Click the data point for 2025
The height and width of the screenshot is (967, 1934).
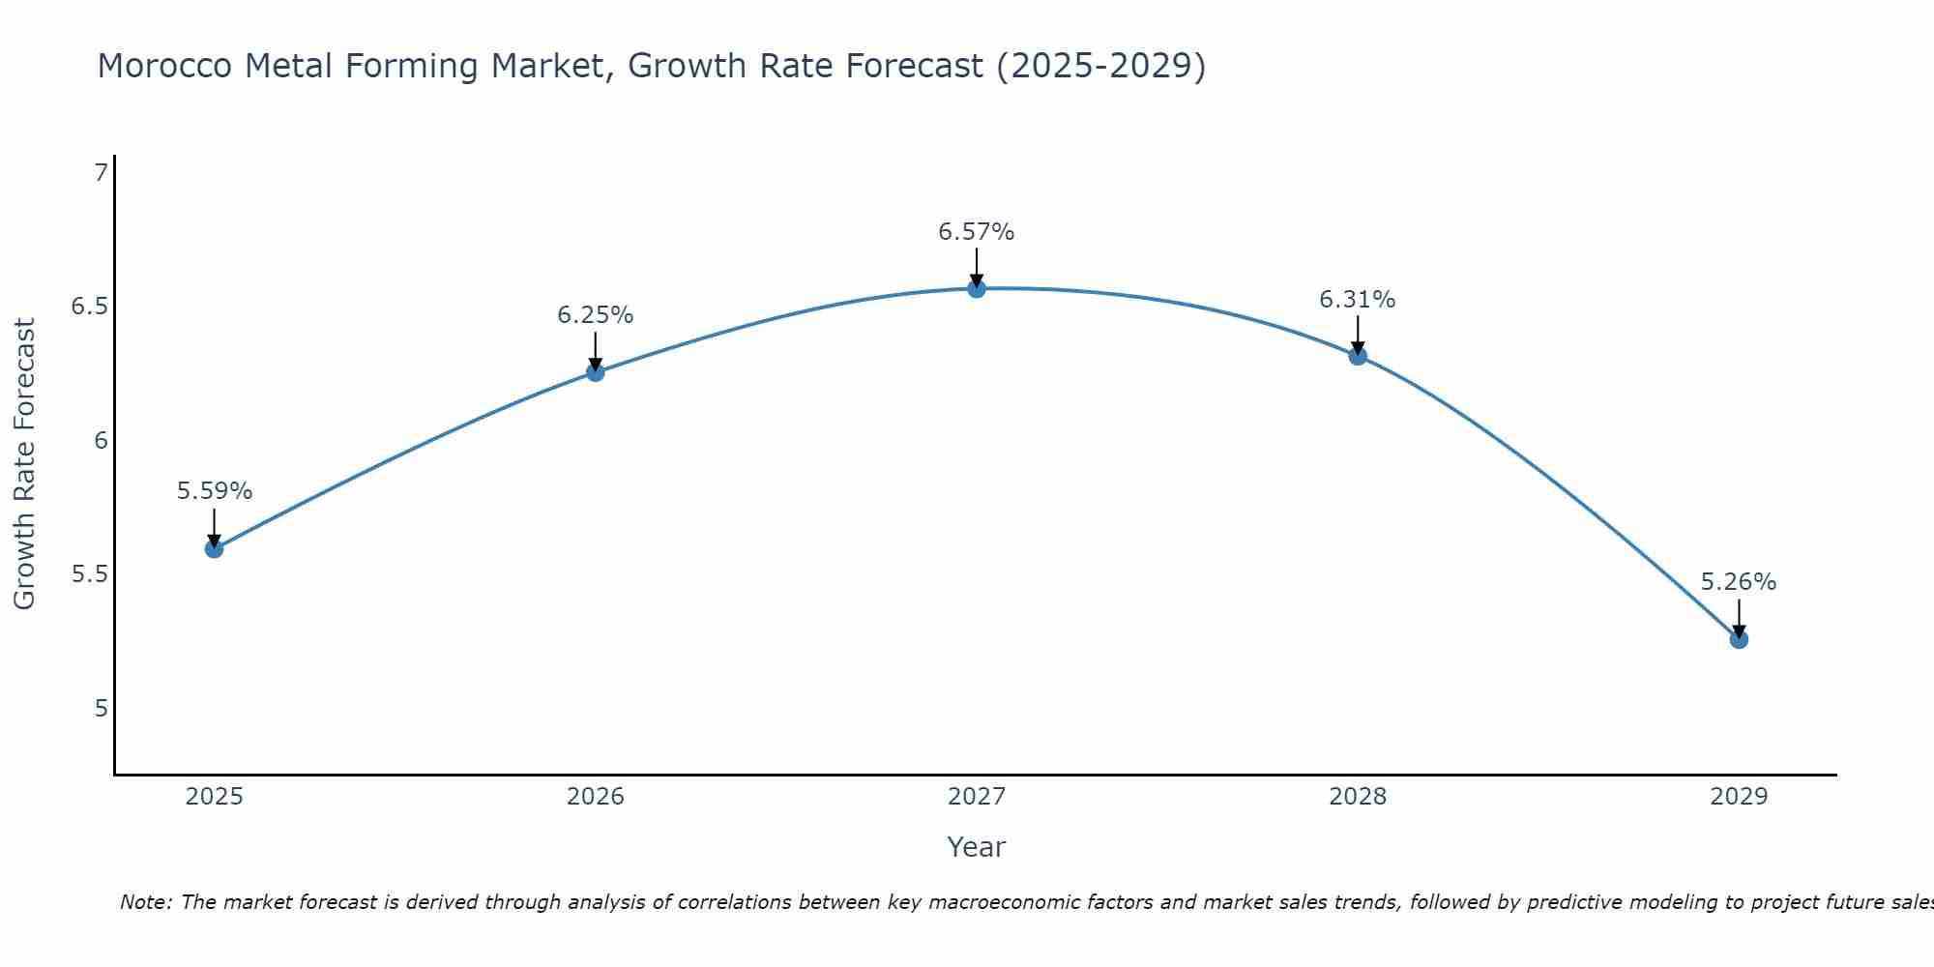(x=214, y=549)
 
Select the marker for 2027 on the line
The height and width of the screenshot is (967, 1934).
(x=977, y=288)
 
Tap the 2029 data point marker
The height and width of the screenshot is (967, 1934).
(x=1739, y=639)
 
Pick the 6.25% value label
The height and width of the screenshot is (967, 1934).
(x=595, y=315)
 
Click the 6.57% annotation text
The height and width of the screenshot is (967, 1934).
(x=976, y=232)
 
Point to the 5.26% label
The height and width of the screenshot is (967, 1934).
(x=1738, y=582)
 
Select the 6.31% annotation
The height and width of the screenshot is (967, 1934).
(x=1357, y=300)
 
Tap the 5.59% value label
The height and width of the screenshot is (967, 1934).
(x=214, y=491)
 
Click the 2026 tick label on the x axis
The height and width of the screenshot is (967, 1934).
(x=595, y=797)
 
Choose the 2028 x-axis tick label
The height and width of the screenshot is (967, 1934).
(x=1357, y=797)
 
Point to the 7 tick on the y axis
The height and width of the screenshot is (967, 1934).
(x=101, y=173)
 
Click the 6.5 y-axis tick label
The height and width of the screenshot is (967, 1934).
(x=89, y=307)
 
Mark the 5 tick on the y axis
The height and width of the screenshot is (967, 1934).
(x=101, y=709)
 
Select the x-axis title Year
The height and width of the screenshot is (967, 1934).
(x=976, y=847)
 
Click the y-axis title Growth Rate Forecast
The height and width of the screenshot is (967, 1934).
(x=25, y=463)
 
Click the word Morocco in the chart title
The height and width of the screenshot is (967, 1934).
(x=164, y=67)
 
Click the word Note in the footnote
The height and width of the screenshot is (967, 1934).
(x=144, y=902)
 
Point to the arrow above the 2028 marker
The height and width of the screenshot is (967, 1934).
(x=1358, y=334)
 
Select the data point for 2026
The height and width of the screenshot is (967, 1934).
(x=595, y=372)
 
